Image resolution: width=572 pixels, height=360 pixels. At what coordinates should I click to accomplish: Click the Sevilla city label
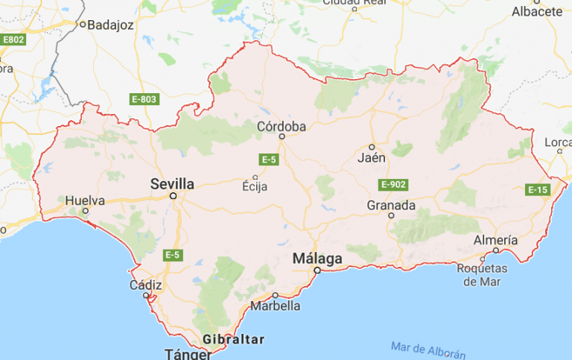click(x=172, y=183)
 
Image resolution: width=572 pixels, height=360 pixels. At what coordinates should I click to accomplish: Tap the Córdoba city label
click(x=282, y=127)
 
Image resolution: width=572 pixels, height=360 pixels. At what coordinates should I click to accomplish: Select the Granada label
click(x=391, y=205)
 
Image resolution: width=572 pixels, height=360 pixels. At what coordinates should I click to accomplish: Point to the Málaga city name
click(x=317, y=259)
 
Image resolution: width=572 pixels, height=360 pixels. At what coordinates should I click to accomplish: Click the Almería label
click(x=495, y=240)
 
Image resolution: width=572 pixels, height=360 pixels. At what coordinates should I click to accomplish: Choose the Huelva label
click(x=85, y=200)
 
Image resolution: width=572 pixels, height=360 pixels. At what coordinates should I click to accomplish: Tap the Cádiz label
click(x=144, y=284)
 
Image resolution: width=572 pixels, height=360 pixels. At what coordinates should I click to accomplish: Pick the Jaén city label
click(x=372, y=158)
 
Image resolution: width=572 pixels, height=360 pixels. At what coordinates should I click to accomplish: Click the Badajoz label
click(x=109, y=25)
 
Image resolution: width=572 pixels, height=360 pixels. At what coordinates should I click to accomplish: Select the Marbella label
click(x=276, y=306)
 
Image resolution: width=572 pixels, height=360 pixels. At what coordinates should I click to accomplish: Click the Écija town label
click(x=255, y=187)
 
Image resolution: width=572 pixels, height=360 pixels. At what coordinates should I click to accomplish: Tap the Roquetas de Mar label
click(x=482, y=274)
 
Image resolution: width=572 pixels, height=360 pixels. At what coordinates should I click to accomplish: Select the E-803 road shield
click(x=144, y=99)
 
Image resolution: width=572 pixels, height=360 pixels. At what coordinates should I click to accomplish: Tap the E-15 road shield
click(x=538, y=190)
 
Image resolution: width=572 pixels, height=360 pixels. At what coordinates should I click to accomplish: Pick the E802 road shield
click(x=13, y=39)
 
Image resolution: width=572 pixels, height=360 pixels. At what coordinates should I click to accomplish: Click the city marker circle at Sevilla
click(x=173, y=196)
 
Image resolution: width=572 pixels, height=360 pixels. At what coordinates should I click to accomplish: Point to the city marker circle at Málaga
click(x=317, y=271)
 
